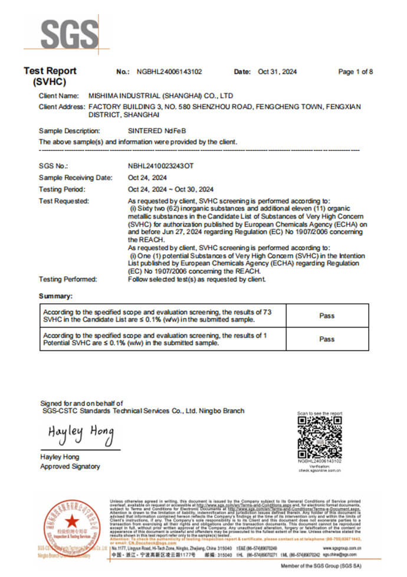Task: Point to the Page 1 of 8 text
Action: coord(355,72)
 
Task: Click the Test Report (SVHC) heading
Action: coord(50,76)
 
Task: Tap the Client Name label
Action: coord(58,96)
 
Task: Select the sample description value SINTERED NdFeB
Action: coord(152,130)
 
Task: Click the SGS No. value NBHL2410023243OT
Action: coord(160,166)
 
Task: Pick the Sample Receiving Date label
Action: coord(76,178)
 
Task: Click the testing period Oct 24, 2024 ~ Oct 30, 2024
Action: coord(170,189)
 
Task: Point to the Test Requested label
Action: coord(64,201)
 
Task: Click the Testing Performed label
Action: coord(68,279)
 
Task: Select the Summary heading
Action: coord(55,296)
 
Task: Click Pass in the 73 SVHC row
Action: coord(327,316)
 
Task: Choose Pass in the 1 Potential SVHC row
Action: coord(327,339)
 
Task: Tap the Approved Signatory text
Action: coord(70,467)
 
